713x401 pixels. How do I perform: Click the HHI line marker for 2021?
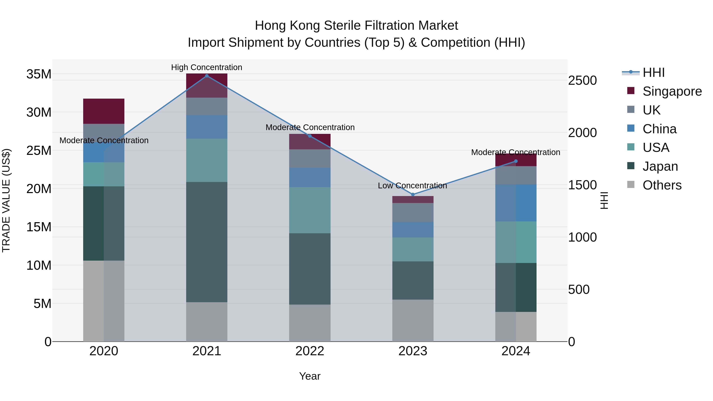click(x=207, y=76)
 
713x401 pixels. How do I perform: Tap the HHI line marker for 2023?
click(x=413, y=194)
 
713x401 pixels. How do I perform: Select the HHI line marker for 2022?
click(x=310, y=136)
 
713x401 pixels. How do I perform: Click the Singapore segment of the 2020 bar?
click(x=104, y=111)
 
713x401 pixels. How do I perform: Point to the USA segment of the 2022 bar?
click(x=310, y=210)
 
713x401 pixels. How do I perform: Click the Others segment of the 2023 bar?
click(x=413, y=320)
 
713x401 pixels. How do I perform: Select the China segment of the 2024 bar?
click(x=516, y=203)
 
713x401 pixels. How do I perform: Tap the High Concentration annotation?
click(x=207, y=67)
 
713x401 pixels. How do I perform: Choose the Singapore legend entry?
click(x=672, y=91)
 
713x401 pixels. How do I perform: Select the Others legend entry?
click(x=662, y=185)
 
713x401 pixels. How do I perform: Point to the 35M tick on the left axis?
click(x=39, y=74)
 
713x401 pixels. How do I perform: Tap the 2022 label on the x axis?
click(x=310, y=351)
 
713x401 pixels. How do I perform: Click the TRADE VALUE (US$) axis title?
click(x=6, y=200)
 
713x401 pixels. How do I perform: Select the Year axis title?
click(x=310, y=376)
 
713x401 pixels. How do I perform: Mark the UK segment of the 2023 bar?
click(x=413, y=212)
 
